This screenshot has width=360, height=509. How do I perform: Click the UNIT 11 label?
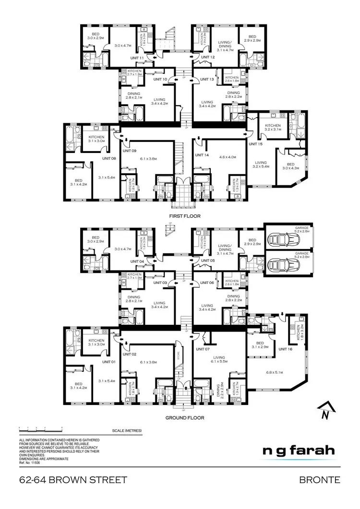138,58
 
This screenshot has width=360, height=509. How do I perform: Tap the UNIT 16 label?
285,349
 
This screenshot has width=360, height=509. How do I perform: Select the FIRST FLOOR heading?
185,216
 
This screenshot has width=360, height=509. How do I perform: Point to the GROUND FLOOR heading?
185,418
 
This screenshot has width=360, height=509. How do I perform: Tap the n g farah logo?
299,451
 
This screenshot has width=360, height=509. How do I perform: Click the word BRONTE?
320,480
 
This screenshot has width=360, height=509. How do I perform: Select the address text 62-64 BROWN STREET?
73,480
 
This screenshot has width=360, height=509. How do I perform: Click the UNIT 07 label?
203,349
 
